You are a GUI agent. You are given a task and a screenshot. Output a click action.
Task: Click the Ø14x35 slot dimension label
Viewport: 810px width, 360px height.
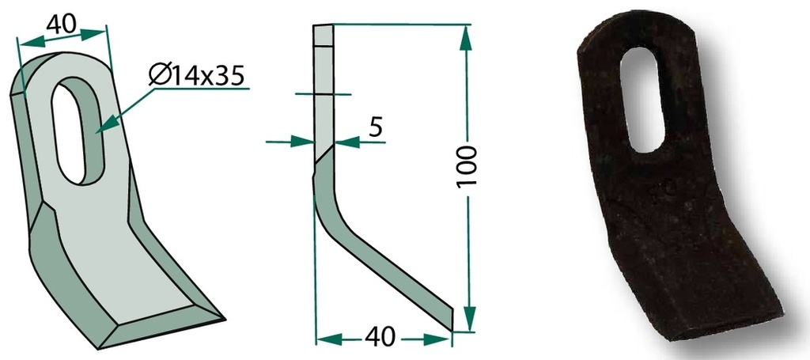tap(196, 77)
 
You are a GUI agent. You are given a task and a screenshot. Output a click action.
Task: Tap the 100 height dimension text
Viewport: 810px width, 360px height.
tap(467, 167)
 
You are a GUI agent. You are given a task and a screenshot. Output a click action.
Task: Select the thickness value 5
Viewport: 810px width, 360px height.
tap(377, 127)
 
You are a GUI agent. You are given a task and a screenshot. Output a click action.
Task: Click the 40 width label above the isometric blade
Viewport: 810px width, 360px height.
tap(61, 24)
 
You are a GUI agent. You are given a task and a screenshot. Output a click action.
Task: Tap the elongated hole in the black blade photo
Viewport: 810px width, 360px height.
tap(642, 100)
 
